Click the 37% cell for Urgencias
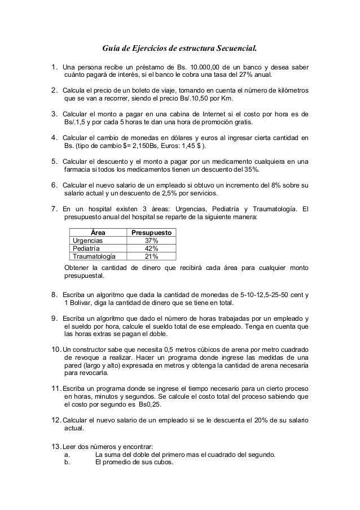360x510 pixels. [x=151, y=241]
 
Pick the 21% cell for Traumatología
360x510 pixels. [x=151, y=256]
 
